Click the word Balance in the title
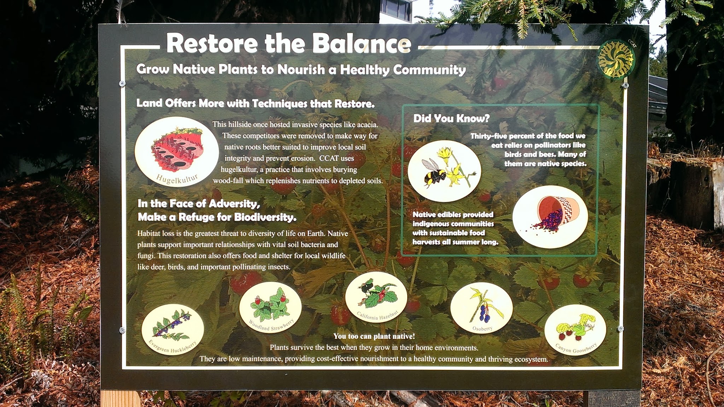362,44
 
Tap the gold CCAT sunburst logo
616,59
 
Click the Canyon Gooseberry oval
576,330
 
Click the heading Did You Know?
451,118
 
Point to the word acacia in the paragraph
367,125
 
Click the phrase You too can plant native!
374,336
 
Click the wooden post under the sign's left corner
120,399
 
